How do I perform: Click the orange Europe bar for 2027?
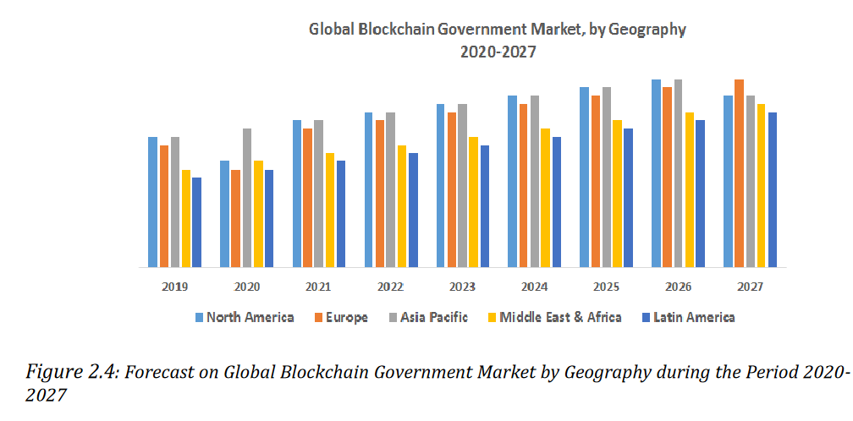tap(740, 173)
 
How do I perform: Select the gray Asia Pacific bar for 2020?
tap(247, 198)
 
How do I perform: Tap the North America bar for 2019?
tap(153, 202)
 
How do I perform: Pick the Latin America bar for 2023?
tap(485, 206)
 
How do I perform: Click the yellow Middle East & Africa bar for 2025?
tap(618, 194)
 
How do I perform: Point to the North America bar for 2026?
tap(656, 173)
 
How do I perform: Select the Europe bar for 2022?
tap(380, 194)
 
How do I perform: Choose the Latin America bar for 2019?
tap(197, 222)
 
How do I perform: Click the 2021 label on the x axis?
tap(319, 287)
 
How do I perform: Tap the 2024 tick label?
tap(534, 287)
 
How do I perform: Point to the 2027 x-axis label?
tap(750, 287)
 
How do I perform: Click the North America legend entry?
tap(245, 318)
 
